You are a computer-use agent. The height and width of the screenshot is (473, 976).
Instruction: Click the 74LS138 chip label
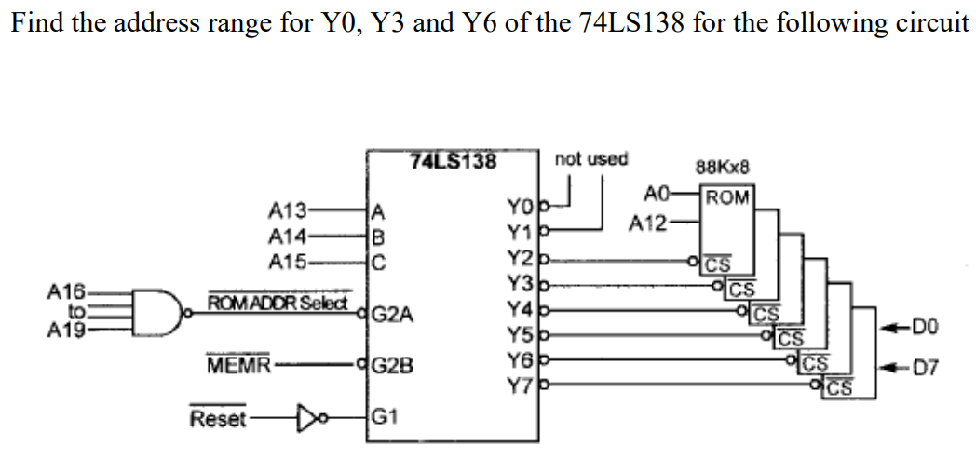coord(454,160)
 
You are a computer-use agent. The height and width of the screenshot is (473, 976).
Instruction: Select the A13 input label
coord(284,209)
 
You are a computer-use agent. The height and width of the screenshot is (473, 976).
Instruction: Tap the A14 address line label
coord(284,236)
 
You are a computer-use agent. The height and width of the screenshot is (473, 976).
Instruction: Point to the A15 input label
coord(284,262)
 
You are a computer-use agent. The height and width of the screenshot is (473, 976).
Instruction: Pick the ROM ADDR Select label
coord(278,303)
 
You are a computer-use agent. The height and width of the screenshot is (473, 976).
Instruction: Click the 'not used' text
coord(591,159)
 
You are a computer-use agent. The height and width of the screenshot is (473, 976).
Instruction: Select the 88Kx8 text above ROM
coord(723,169)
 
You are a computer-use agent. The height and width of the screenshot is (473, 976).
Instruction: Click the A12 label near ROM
coord(647,224)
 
